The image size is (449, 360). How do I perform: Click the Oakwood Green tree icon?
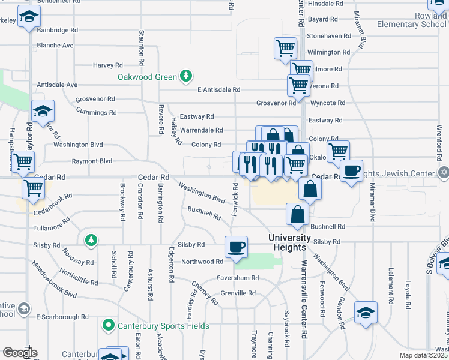point(187,76)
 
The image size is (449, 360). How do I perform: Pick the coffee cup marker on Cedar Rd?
point(351,170)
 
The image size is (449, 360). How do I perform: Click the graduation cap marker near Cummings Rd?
point(43,112)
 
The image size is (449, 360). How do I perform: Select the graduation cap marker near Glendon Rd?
point(366,313)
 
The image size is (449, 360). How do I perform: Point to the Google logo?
point(20,353)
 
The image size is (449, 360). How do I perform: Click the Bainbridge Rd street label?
point(58,29)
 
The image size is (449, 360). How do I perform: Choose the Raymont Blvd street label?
point(92,161)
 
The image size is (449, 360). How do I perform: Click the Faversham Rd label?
point(238,278)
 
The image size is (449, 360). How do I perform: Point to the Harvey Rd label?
point(107,65)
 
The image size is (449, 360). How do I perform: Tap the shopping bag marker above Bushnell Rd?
point(298,214)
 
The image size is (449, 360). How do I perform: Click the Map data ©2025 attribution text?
point(423,355)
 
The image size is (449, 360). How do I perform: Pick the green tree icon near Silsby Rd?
point(91,241)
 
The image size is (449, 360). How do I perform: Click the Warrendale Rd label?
point(202,130)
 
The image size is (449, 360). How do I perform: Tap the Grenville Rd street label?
point(238,293)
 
